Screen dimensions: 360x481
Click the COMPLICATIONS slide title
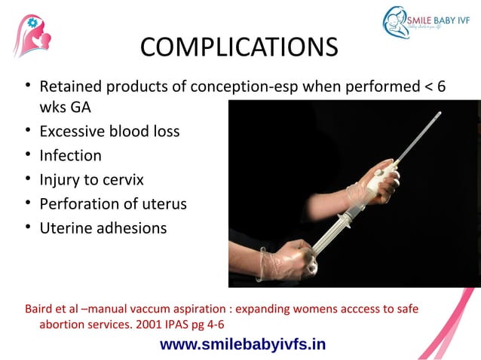pyautogui.click(x=239, y=47)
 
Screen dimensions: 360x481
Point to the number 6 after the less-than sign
pyautogui.click(x=441, y=87)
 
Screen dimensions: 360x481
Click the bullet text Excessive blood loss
pyautogui.click(x=109, y=131)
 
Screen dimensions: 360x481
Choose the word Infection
pyautogui.click(x=70, y=155)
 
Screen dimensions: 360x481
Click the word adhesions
pyautogui.click(x=130, y=227)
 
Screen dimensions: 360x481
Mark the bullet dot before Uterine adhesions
pyautogui.click(x=27, y=227)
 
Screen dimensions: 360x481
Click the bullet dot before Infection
pyautogui.click(x=27, y=155)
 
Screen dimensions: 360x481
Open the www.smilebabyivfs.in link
pyautogui.click(x=243, y=344)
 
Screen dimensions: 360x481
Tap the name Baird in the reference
pyautogui.click(x=42, y=309)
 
